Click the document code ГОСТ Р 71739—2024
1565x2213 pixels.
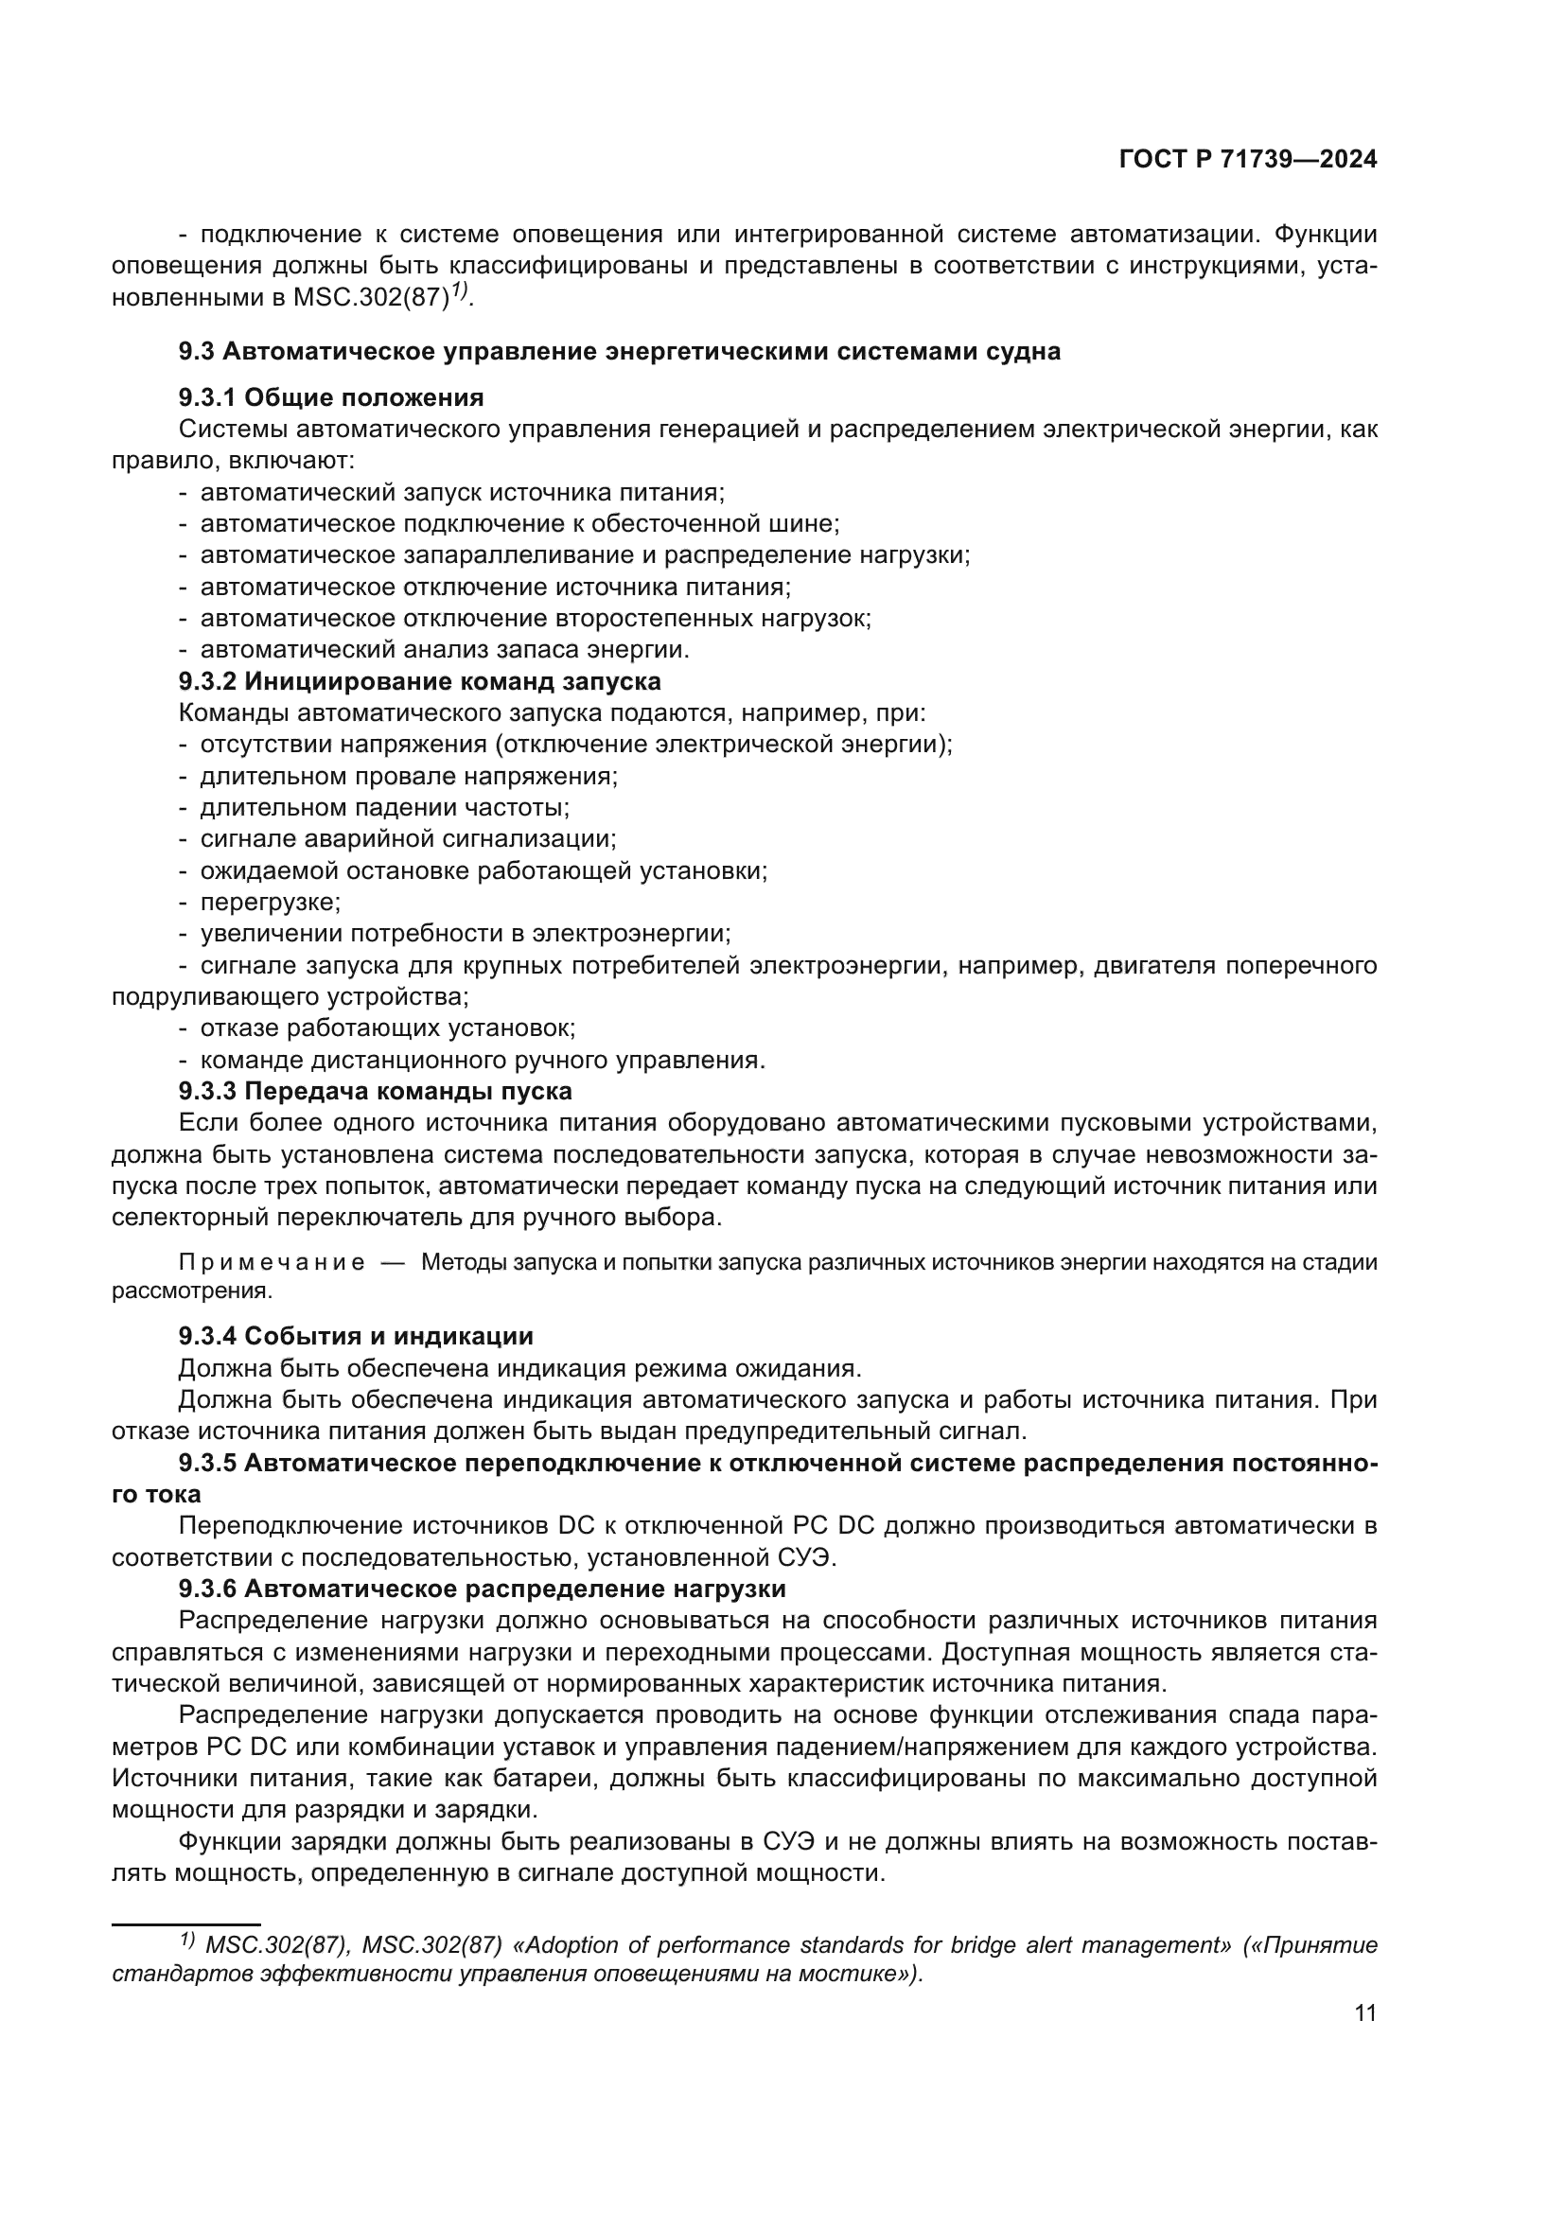tap(1247, 160)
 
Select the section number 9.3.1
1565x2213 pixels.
tap(206, 397)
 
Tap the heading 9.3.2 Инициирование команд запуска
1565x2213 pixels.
tap(419, 681)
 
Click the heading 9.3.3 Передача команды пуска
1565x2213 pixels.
tap(375, 1091)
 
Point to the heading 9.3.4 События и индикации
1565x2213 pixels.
tap(356, 1336)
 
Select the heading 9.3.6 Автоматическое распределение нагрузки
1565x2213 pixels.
tap(482, 1589)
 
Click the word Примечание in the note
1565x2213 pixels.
tap(271, 1263)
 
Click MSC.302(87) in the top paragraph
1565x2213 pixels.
tap(371, 298)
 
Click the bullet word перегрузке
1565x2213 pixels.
tap(270, 903)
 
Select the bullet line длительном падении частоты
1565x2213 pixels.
tap(384, 808)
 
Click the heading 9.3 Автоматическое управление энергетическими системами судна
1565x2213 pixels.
tap(619, 351)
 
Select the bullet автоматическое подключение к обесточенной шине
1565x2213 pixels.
tap(519, 523)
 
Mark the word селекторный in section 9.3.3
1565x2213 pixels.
tap(190, 1218)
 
